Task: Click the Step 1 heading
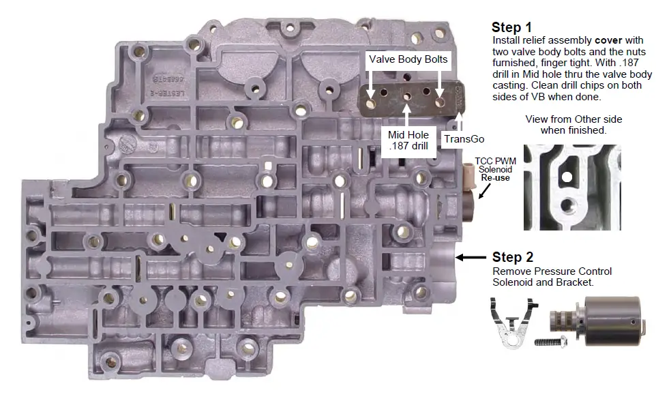click(511, 28)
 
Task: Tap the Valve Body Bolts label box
click(408, 59)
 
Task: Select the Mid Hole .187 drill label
click(407, 140)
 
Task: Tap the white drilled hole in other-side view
click(566, 179)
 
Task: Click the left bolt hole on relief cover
click(372, 102)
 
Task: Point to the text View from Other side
click(573, 119)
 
